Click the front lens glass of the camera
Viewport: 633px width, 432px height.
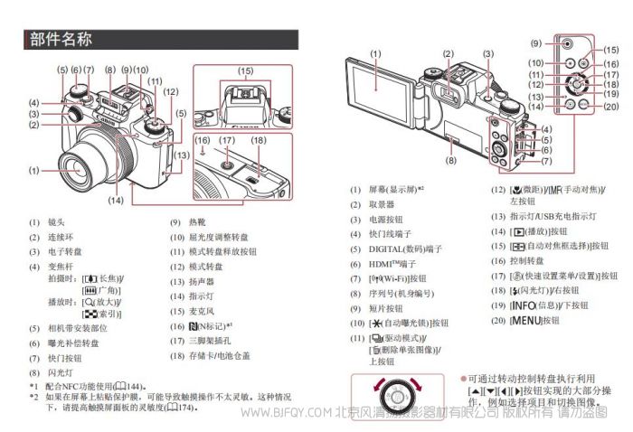click(78, 169)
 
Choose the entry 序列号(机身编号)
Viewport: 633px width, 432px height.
click(403, 292)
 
